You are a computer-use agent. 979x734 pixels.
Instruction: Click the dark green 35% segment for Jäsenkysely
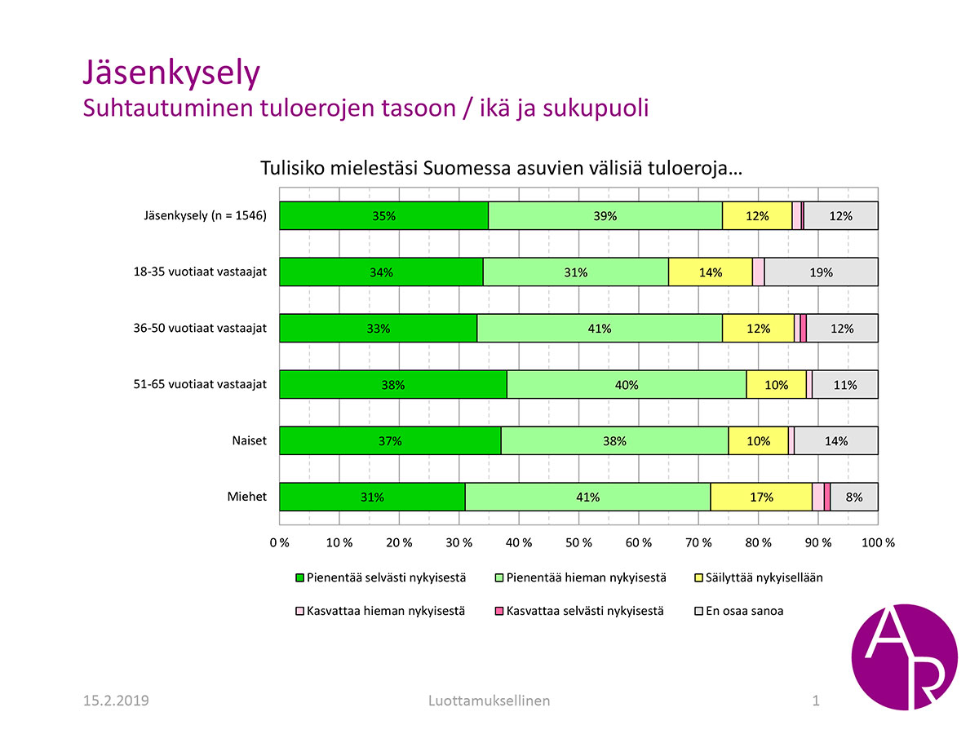[383, 216]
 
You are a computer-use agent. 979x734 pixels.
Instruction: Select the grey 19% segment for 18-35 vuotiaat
[821, 272]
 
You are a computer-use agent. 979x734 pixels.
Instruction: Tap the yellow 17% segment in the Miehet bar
[761, 497]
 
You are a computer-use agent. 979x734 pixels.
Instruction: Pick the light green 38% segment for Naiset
[614, 441]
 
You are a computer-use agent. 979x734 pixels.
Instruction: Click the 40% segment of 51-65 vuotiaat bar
[627, 385]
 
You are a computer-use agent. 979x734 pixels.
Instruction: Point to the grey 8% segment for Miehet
[854, 497]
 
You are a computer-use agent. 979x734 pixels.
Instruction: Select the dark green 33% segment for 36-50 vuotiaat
[379, 329]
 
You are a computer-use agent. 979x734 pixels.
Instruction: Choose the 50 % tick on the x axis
[578, 542]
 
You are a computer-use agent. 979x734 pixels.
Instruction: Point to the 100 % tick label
[877, 542]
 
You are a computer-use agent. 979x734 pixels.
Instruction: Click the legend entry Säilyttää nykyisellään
[764, 577]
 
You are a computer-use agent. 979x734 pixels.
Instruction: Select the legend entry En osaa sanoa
[745, 610]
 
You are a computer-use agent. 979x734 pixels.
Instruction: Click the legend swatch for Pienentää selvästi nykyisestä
[299, 578]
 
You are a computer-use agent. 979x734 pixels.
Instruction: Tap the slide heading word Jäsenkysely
[171, 73]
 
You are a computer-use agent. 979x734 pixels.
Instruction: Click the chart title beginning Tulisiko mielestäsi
[500, 169]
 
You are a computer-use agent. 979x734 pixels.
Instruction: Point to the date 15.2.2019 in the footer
[116, 701]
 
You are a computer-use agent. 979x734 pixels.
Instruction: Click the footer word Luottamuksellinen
[489, 701]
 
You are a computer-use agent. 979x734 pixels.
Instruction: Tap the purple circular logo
[904, 657]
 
